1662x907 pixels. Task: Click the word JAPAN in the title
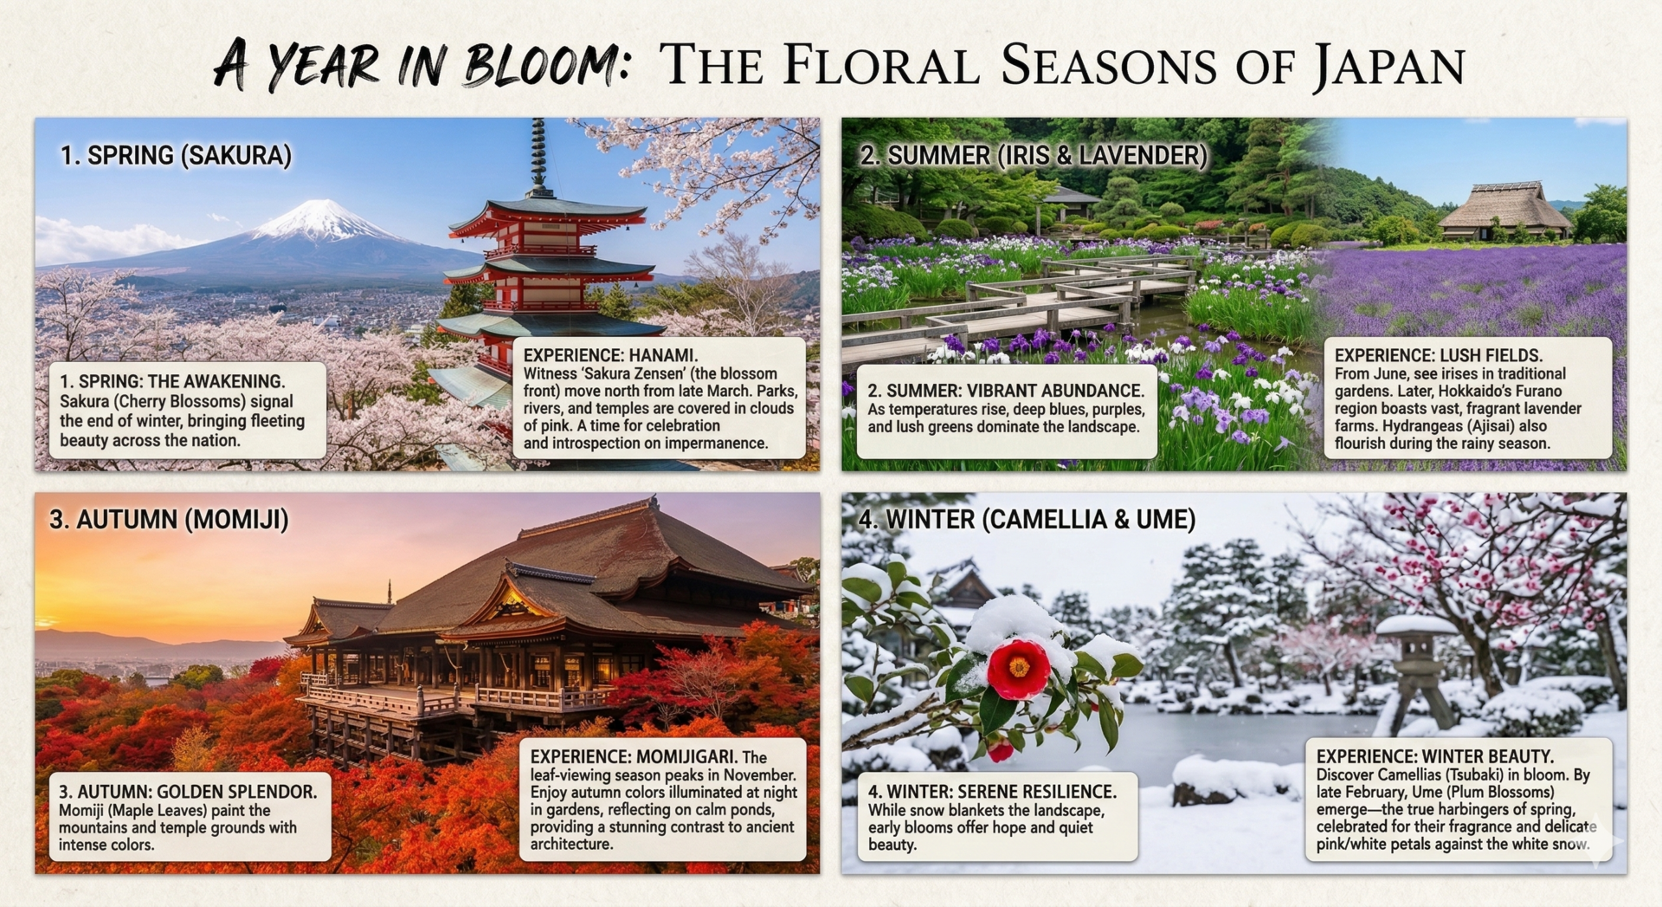click(1388, 66)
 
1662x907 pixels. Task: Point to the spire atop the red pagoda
click(538, 156)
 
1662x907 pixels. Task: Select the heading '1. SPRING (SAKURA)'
click(176, 156)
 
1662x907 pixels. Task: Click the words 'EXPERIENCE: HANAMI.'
click(610, 355)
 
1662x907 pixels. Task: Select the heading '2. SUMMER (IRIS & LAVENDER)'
click(1034, 156)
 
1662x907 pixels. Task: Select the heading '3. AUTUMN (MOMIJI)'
click(169, 520)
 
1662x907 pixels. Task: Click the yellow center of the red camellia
click(1019, 666)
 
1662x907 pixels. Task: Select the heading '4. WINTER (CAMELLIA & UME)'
click(1027, 520)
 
